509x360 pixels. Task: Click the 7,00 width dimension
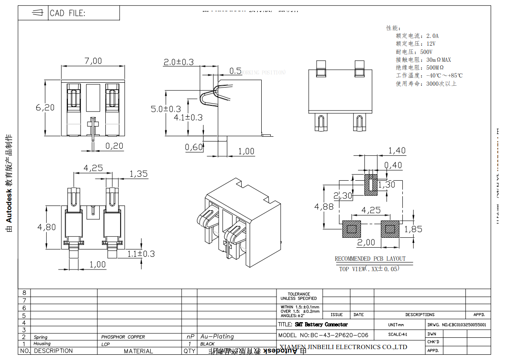(93, 61)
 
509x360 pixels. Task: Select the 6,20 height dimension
(45, 107)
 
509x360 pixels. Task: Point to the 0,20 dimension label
(115, 146)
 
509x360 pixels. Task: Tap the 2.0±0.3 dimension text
(179, 62)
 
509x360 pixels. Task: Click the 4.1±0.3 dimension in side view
(188, 117)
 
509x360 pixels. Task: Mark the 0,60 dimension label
(194, 147)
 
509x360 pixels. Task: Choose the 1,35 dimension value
(139, 174)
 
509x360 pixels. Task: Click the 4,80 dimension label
(47, 227)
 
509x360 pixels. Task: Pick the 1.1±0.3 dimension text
(141, 254)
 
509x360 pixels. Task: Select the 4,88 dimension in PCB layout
(324, 206)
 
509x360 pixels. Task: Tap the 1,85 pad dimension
(413, 229)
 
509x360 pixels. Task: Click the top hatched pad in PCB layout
(371, 185)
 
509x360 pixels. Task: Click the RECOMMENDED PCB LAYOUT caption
(370, 259)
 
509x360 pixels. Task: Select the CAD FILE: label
(67, 13)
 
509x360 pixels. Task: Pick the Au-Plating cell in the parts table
(217, 336)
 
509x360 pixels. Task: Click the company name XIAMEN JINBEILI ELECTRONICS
(343, 347)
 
